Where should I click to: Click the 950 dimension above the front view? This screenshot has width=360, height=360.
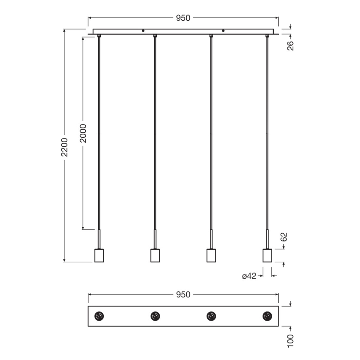click(x=183, y=18)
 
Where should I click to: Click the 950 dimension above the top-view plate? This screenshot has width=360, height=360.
click(x=183, y=295)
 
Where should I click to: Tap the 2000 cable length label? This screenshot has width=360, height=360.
click(x=83, y=133)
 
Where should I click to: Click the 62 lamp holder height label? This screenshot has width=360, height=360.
click(x=284, y=237)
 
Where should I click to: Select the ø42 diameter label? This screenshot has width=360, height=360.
click(x=249, y=276)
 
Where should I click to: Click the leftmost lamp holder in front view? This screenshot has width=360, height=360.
click(x=99, y=255)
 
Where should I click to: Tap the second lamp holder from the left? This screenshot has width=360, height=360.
click(x=155, y=255)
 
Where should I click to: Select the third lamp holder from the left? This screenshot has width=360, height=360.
click(x=211, y=255)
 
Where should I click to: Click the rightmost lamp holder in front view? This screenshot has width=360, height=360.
click(x=267, y=255)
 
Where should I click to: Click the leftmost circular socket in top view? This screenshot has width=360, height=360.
click(x=99, y=316)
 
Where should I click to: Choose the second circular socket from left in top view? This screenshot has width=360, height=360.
click(x=155, y=316)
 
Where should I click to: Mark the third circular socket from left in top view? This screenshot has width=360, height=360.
click(x=211, y=316)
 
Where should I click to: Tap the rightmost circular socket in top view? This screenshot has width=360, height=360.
click(x=267, y=316)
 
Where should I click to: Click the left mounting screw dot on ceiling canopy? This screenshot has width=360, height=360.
click(x=143, y=31)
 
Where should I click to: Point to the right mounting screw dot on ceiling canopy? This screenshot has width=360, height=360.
click(x=223, y=31)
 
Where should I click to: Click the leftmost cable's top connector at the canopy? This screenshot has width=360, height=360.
click(x=99, y=36)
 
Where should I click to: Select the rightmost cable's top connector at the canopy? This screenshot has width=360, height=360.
click(x=267, y=36)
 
